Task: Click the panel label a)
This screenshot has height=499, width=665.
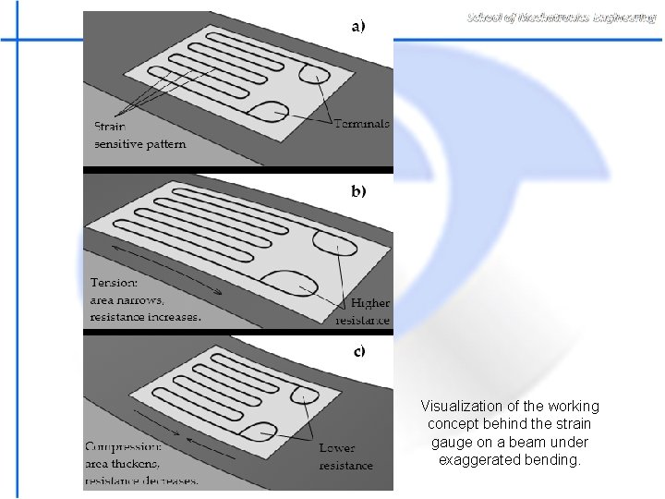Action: pyautogui.click(x=357, y=26)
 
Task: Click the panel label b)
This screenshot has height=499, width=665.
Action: pyautogui.click(x=357, y=191)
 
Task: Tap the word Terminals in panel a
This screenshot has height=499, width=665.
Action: pyautogui.click(x=362, y=124)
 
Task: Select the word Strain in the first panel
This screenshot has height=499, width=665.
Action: pyautogui.click(x=110, y=127)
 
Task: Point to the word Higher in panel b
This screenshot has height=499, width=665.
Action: pyautogui.click(x=370, y=303)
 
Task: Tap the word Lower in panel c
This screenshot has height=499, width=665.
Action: pyautogui.click(x=337, y=448)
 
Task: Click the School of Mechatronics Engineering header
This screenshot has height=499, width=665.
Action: pyautogui.click(x=562, y=18)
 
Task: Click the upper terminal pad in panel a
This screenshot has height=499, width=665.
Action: pyautogui.click(x=313, y=73)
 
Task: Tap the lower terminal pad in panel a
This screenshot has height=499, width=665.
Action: pyautogui.click(x=269, y=110)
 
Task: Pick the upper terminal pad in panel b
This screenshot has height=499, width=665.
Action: pyautogui.click(x=333, y=241)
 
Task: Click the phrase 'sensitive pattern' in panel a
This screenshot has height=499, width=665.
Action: pyautogui.click(x=139, y=144)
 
